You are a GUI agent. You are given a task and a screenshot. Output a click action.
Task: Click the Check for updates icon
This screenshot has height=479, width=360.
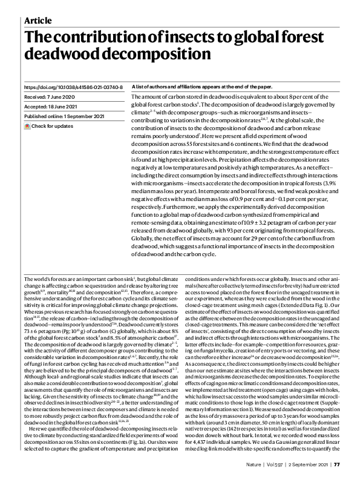point(27,125)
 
